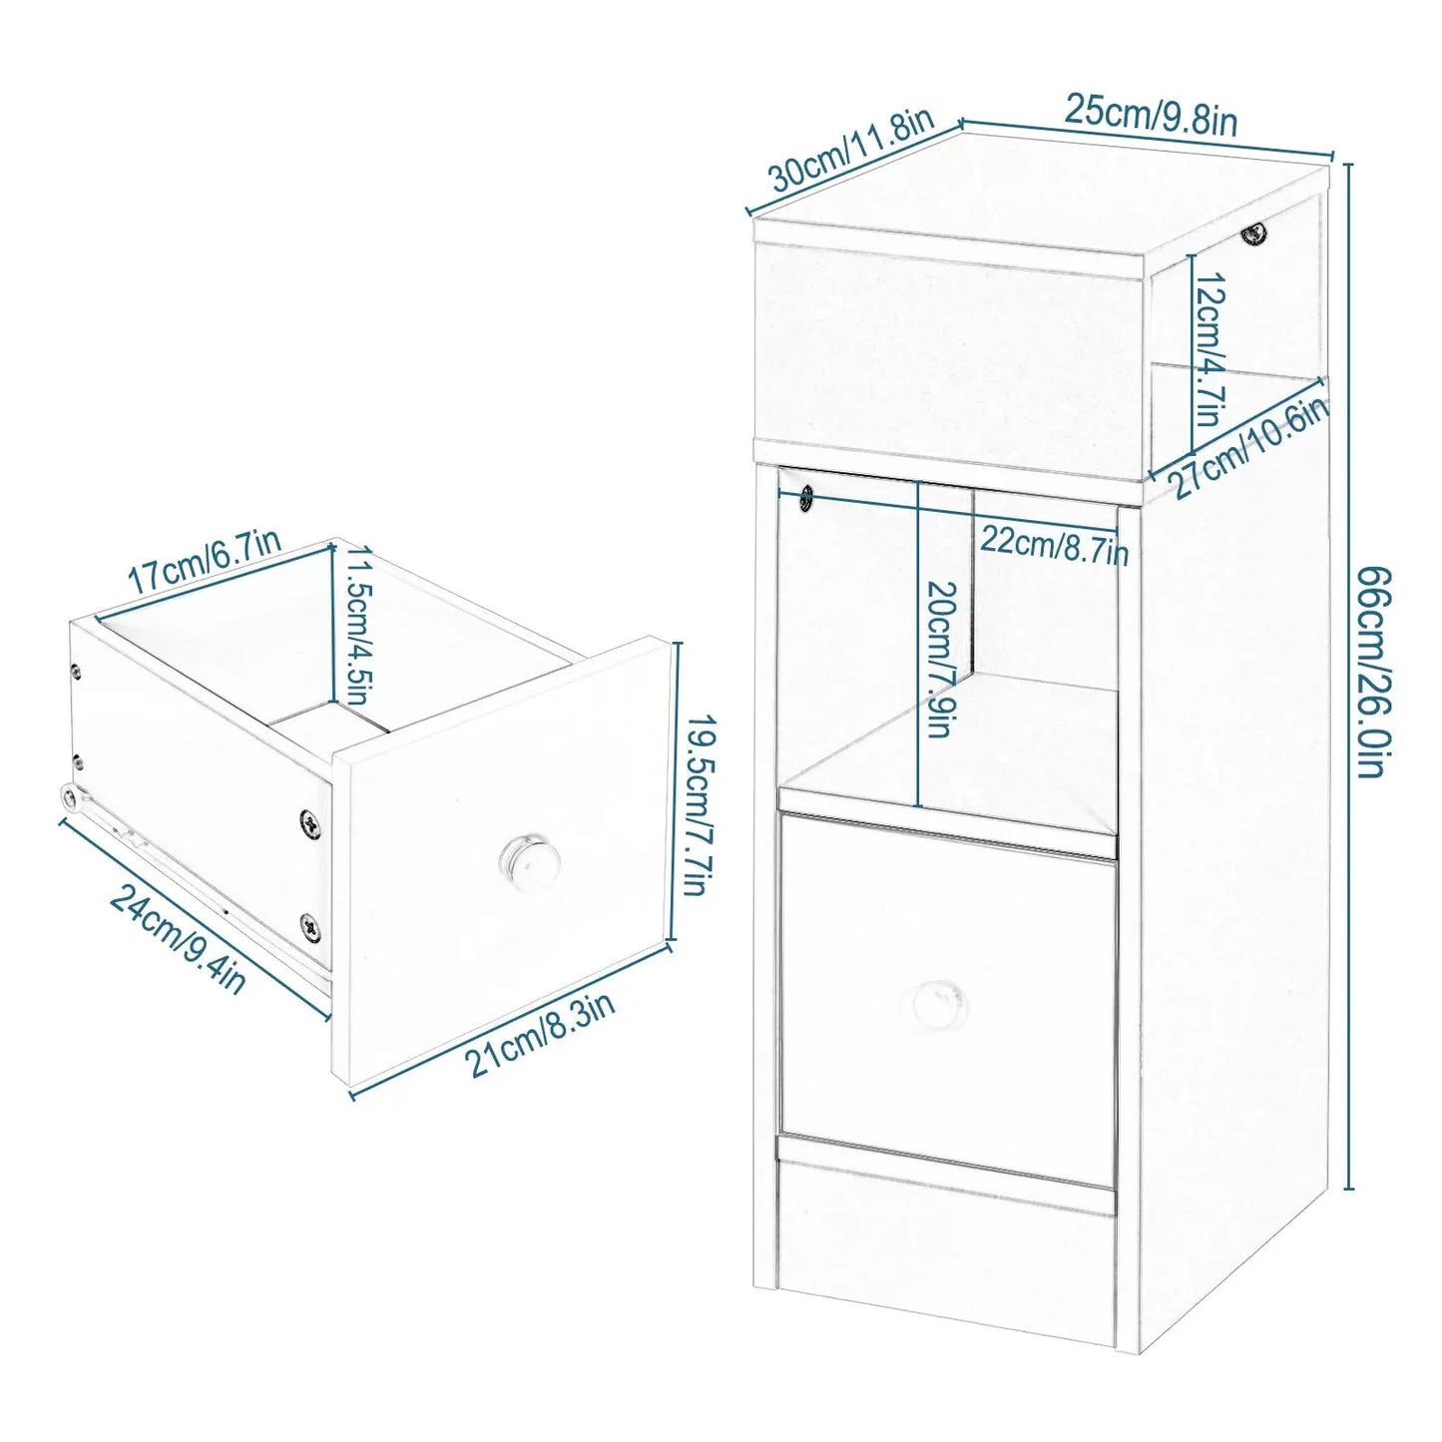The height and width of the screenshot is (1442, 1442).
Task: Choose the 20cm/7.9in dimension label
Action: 940,660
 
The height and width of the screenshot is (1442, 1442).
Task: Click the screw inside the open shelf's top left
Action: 805,497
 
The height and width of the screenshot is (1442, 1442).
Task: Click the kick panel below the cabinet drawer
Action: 948,1244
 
